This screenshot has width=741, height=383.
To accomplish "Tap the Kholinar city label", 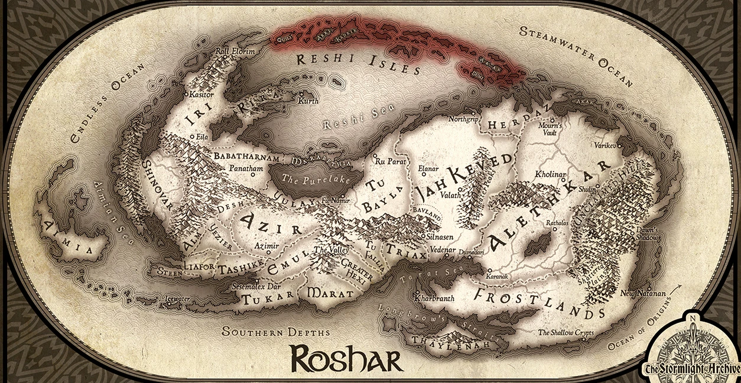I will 550,175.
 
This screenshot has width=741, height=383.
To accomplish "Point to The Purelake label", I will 308,178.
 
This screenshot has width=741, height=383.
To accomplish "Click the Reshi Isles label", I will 357,64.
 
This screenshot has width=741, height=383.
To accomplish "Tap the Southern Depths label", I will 275,332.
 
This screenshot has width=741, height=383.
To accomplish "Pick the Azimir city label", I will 266,245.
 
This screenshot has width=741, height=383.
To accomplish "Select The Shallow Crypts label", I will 564,333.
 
